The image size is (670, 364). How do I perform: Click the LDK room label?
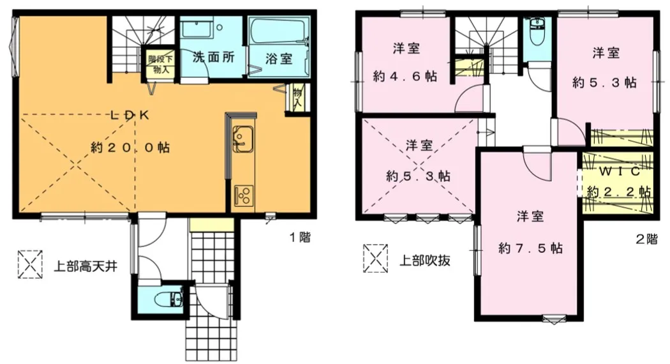(130, 115)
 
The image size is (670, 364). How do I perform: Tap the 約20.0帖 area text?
(130, 148)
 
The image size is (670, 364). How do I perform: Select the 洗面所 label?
(213, 57)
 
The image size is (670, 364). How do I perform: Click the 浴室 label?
(279, 59)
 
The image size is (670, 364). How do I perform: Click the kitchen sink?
(242, 139)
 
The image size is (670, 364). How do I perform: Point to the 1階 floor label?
(300, 238)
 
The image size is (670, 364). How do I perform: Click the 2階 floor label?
(646, 239)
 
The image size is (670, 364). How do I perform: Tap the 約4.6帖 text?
(405, 77)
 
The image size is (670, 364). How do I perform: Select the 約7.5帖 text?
(530, 248)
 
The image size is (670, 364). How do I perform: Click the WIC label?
(619, 171)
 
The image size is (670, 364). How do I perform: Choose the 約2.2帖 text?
(619, 191)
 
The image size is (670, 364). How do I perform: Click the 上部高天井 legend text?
(85, 266)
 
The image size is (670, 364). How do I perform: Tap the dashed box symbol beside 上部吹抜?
(376, 259)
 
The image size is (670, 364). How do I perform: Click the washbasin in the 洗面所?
(196, 29)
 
